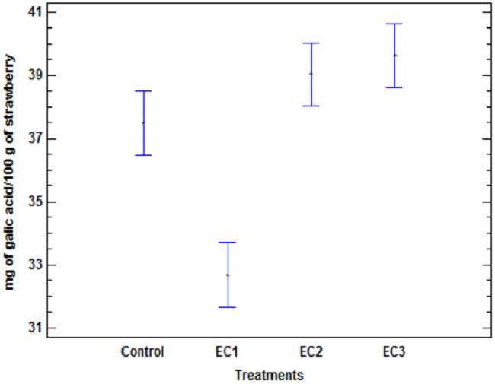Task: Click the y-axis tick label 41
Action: (x=34, y=13)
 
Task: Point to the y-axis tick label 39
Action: (x=34, y=76)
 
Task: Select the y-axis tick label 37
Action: (x=34, y=139)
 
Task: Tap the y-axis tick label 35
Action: (x=34, y=202)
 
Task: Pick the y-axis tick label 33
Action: (x=34, y=265)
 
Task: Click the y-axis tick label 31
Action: (x=34, y=328)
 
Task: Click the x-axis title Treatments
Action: (x=269, y=375)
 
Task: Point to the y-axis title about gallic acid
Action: (x=11, y=172)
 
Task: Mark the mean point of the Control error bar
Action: (x=143, y=122)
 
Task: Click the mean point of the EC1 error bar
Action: (x=227, y=275)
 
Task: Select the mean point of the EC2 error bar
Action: (x=311, y=74)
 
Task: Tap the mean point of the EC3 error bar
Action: (x=394, y=55)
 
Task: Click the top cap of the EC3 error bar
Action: (x=394, y=24)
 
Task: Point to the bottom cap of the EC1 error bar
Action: (x=227, y=307)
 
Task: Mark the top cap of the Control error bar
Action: (x=143, y=91)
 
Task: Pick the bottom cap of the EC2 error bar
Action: (x=311, y=106)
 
